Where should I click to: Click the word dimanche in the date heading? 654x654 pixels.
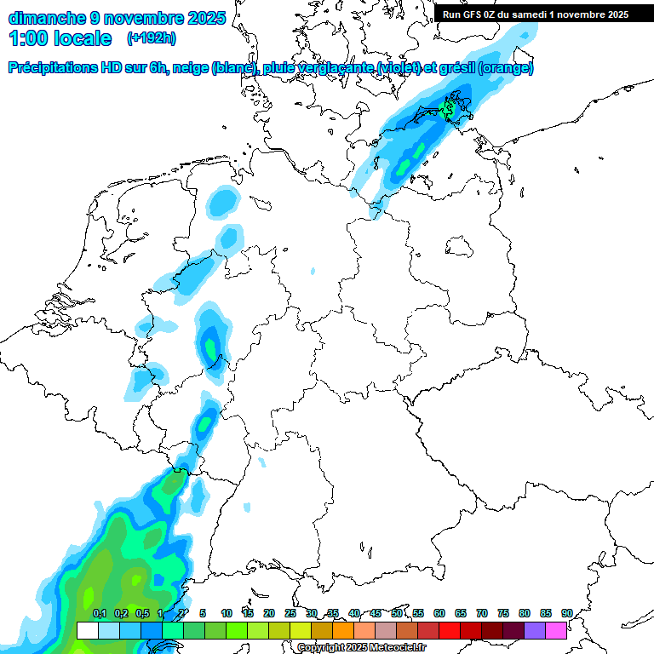[46, 17]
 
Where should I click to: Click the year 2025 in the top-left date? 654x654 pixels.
[204, 17]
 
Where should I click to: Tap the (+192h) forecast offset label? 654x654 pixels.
[151, 38]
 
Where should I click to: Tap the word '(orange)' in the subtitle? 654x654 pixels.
[507, 68]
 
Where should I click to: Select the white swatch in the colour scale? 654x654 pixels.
[87, 631]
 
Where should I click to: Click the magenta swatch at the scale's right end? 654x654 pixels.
[556, 631]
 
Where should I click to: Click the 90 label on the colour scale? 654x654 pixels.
[566, 613]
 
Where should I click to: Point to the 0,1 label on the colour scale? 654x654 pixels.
[99, 613]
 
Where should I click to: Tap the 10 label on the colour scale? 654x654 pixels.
[227, 613]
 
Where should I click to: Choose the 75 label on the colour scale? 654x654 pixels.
[503, 613]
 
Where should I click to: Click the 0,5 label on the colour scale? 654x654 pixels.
[142, 613]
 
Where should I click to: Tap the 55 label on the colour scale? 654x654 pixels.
[418, 613]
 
